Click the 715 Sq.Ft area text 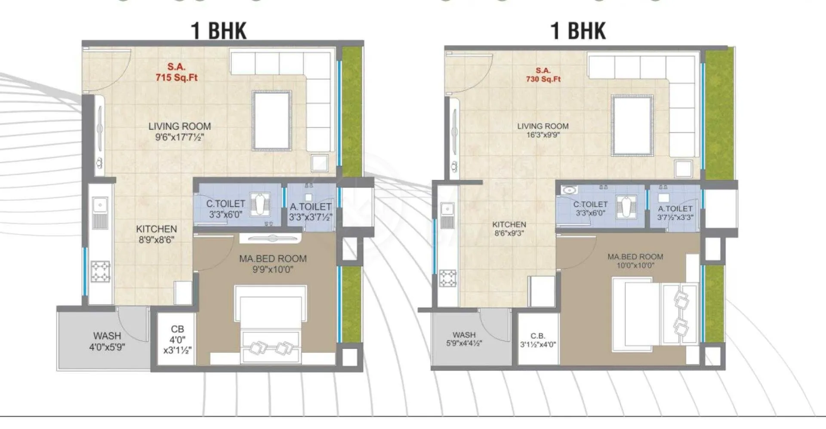click(176, 77)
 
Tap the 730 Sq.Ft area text click(543, 79)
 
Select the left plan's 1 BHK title click(219, 31)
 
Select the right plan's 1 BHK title click(578, 31)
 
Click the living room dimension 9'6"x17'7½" click(179, 137)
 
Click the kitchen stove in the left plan click(101, 271)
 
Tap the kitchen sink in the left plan click(100, 213)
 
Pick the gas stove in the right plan click(447, 278)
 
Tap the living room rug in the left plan click(272, 121)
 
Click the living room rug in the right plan click(632, 125)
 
